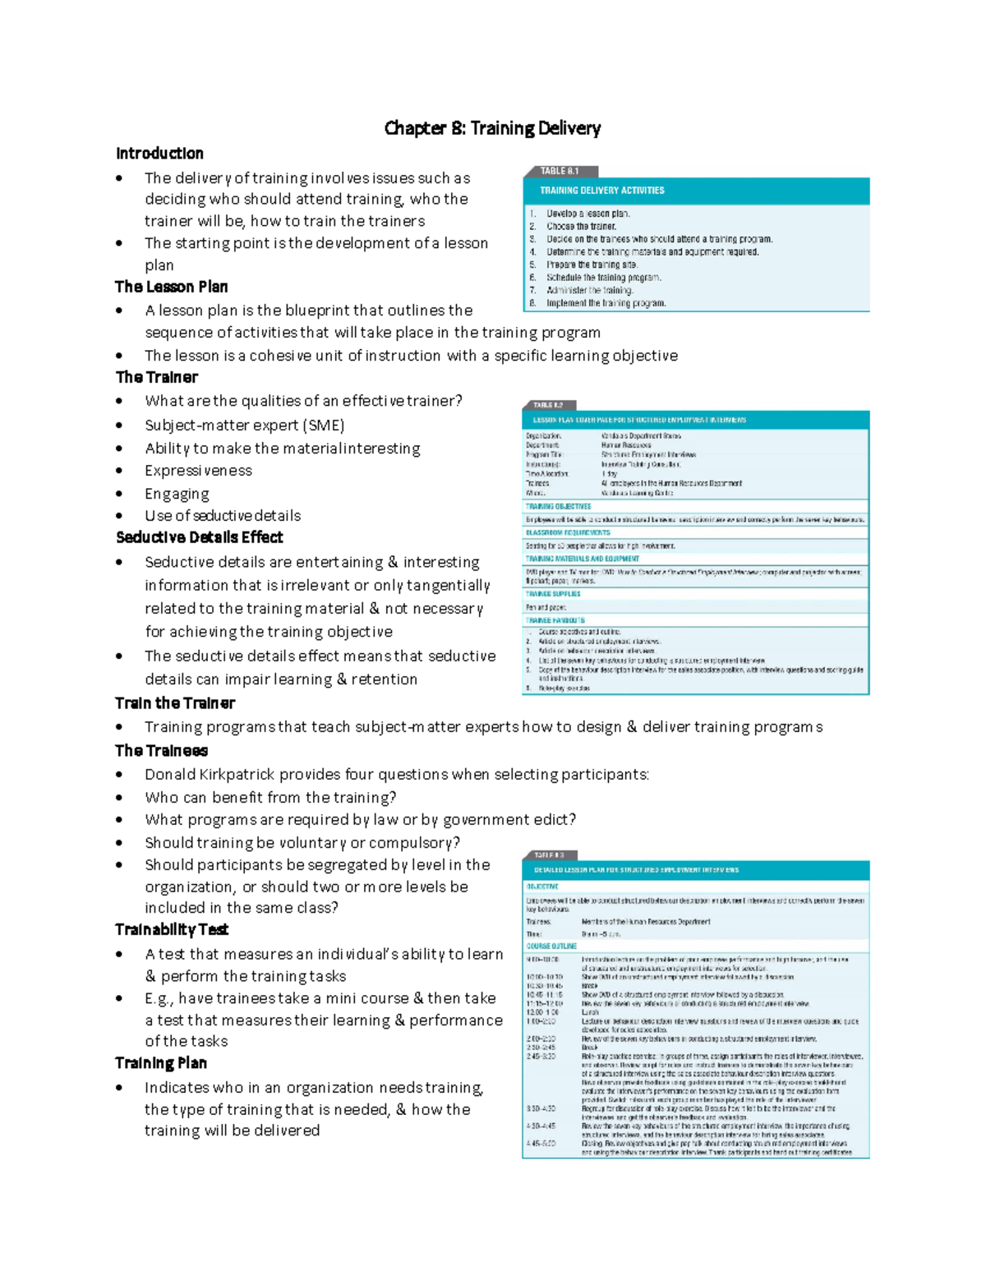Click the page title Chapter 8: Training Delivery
point(492,128)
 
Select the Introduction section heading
point(159,154)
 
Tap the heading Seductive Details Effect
point(200,537)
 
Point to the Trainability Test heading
point(172,929)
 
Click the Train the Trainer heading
point(175,703)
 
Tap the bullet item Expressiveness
point(198,471)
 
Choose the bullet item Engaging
point(177,494)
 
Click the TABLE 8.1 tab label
point(560,171)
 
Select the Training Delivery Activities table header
point(601,191)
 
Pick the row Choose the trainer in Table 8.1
point(581,227)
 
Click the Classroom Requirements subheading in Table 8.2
point(568,533)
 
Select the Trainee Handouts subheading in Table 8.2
point(555,620)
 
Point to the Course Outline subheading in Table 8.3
point(551,947)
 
